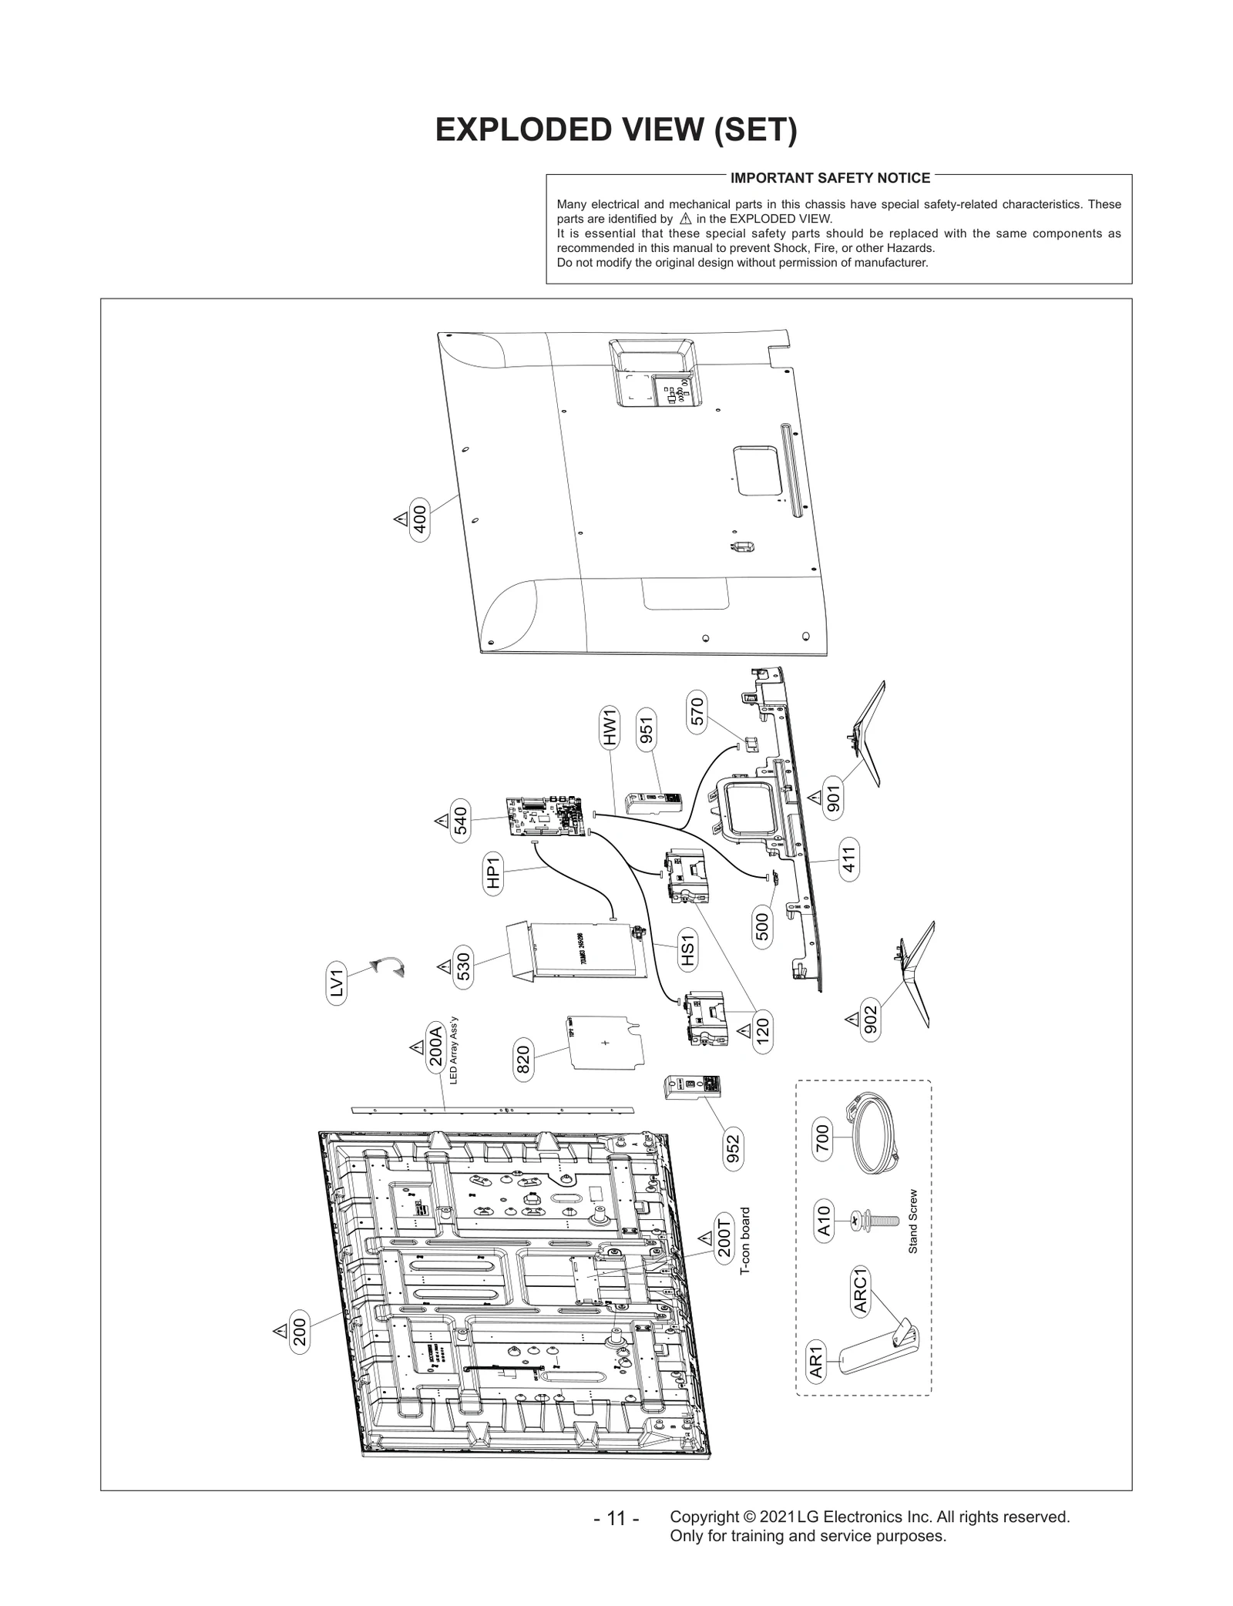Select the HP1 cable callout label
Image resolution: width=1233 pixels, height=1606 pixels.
coord(493,873)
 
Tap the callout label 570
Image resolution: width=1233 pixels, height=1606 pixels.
coord(696,711)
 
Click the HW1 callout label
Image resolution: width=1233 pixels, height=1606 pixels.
coord(610,727)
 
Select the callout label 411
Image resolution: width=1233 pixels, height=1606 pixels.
coord(849,858)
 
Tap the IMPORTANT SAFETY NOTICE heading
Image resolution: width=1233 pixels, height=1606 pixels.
coord(830,178)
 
